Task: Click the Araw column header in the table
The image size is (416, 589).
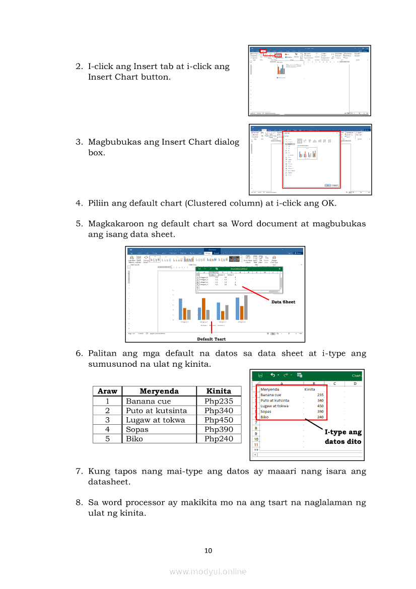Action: click(x=107, y=391)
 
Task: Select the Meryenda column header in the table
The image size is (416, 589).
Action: click(x=159, y=391)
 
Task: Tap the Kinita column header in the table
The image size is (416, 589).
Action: click(x=219, y=391)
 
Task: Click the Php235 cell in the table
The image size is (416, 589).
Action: click(x=219, y=401)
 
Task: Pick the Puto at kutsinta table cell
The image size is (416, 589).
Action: click(x=156, y=411)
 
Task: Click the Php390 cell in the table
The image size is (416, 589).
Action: click(x=219, y=429)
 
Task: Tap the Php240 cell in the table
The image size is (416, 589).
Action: click(x=219, y=439)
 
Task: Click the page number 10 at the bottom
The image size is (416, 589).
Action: click(x=208, y=551)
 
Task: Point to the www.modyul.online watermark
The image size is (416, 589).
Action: click(x=208, y=571)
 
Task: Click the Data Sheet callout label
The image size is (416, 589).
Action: click(x=283, y=302)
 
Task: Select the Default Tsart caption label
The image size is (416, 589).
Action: click(x=211, y=339)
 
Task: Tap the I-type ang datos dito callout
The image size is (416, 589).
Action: click(x=342, y=437)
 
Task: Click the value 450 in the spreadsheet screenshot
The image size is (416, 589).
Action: click(x=320, y=406)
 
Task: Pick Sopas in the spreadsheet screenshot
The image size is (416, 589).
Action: click(x=265, y=412)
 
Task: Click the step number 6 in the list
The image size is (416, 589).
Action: click(x=79, y=354)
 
